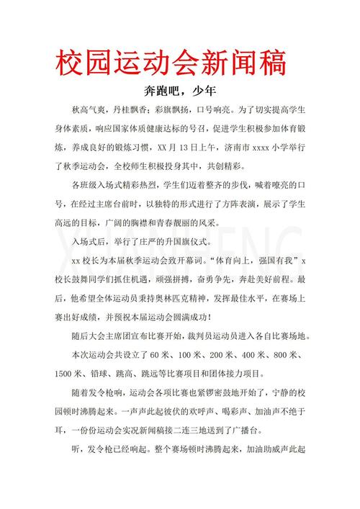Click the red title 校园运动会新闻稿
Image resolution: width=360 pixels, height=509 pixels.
point(172,62)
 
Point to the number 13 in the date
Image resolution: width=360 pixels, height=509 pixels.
point(189,148)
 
